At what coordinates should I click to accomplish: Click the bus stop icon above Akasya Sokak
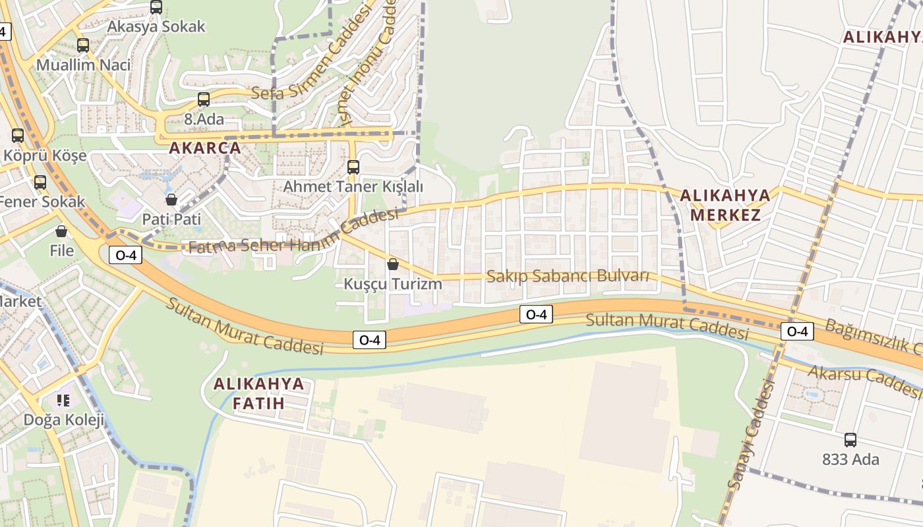156,7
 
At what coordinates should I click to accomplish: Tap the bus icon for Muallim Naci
83,45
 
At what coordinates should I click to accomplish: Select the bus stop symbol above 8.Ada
204,99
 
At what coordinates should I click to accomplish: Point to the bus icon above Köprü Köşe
18,136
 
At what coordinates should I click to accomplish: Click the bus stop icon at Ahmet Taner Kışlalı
353,167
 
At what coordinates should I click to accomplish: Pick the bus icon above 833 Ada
850,440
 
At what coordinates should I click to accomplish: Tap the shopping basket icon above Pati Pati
171,200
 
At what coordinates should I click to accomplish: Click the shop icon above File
61,231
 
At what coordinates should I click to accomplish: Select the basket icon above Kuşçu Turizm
393,264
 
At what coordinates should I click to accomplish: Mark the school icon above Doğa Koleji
63,400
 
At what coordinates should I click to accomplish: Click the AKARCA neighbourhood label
205,148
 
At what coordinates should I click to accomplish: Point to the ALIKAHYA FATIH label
258,393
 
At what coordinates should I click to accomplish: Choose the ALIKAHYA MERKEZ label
725,205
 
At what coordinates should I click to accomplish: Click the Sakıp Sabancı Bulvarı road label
568,276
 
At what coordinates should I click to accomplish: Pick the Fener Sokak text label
42,202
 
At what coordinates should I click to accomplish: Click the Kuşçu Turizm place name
393,284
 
